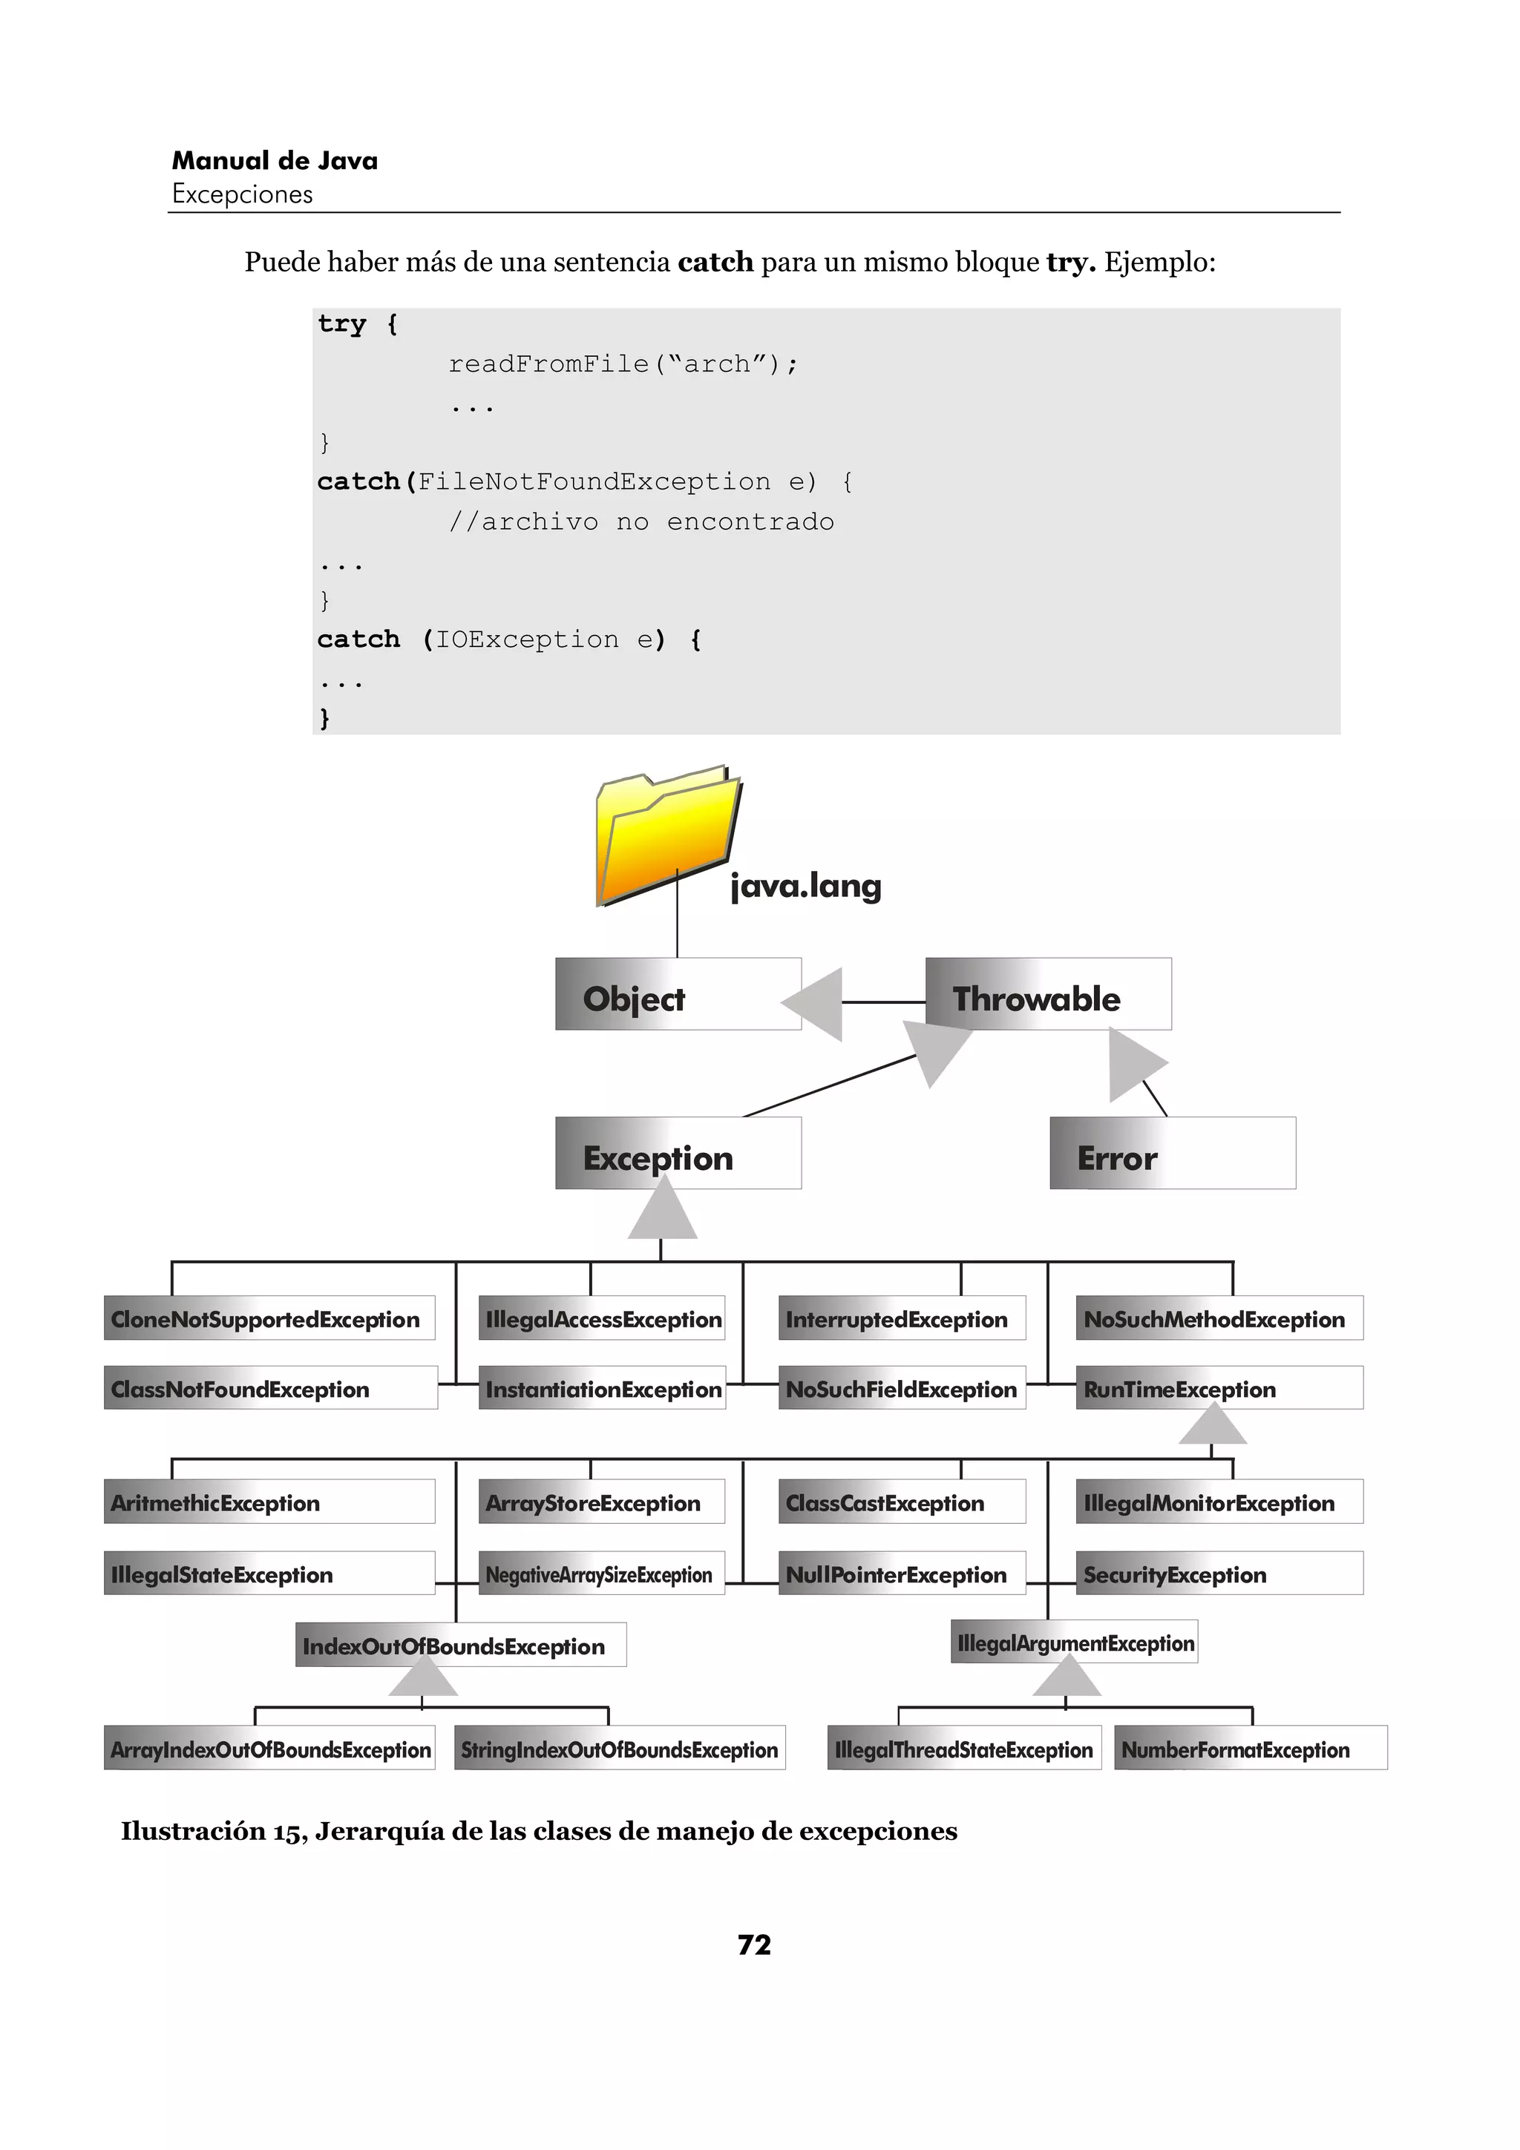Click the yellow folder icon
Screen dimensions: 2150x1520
click(x=666, y=835)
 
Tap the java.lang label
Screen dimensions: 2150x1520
click(x=805, y=886)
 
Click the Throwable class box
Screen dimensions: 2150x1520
click(x=1047, y=994)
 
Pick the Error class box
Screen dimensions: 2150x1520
click(x=1172, y=1154)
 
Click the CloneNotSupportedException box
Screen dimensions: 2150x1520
click(x=269, y=1318)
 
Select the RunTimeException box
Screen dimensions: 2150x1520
click(x=1219, y=1388)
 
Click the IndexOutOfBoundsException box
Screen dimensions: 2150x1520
click(x=460, y=1646)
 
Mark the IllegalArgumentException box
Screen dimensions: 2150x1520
click(x=1074, y=1643)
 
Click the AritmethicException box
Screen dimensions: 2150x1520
click(x=269, y=1502)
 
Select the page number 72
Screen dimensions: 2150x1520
click(x=754, y=1945)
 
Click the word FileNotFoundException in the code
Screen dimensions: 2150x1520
click(x=594, y=481)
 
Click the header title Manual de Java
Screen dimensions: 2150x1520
click(x=275, y=161)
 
